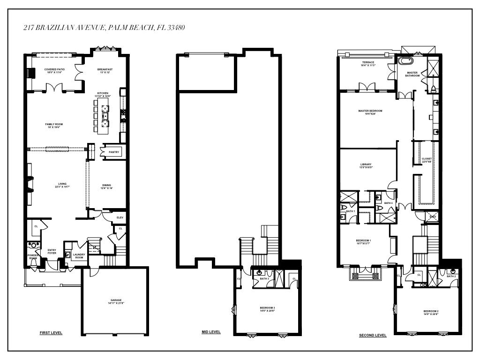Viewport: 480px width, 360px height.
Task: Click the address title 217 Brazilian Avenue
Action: coord(104,28)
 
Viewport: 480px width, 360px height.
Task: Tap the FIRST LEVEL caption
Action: coord(51,333)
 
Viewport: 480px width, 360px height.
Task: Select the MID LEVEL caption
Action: coord(211,332)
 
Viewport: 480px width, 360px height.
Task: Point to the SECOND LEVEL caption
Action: coord(373,336)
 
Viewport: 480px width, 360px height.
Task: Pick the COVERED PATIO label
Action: coord(54,71)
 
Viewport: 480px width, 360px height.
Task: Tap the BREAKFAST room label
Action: coord(105,71)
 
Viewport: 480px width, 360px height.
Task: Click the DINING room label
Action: coord(107,186)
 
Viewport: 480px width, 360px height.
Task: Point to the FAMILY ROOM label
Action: coord(54,125)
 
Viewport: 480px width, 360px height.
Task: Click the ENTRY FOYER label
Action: coord(52,251)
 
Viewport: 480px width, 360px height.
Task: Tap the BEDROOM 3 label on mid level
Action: coord(267,309)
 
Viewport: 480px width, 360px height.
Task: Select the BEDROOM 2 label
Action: coord(431,313)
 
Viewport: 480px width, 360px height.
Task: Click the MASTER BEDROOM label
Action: coord(370,112)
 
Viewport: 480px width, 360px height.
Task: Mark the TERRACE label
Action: coord(367,64)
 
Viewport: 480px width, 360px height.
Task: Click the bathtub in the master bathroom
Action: coord(404,61)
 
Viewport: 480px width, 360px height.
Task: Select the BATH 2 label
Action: coord(451,276)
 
